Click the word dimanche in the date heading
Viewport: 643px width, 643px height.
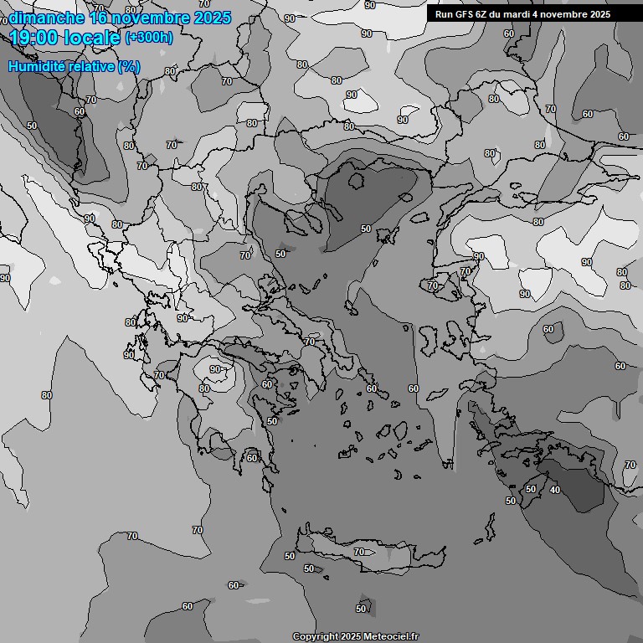click(x=46, y=18)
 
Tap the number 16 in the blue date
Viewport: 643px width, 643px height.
click(x=98, y=18)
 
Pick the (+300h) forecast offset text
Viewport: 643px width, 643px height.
click(x=149, y=37)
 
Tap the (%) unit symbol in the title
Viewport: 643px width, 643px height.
click(x=128, y=66)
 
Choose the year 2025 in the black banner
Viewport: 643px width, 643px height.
click(x=598, y=14)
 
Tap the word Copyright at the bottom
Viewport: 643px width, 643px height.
click(x=315, y=637)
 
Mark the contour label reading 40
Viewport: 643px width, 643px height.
click(x=555, y=490)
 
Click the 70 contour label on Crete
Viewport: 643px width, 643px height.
click(x=359, y=553)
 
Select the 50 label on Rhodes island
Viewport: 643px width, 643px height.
click(x=530, y=489)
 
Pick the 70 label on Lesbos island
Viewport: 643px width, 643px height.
click(x=433, y=286)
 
